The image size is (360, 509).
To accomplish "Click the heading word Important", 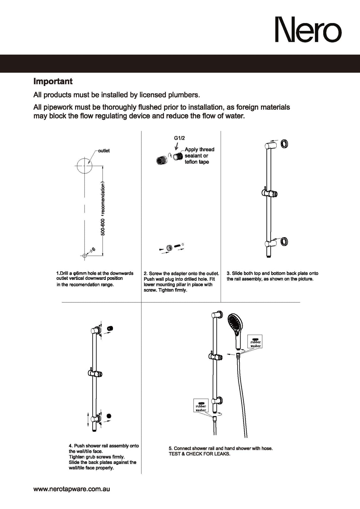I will click(x=53, y=81).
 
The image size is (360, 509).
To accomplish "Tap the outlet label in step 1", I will click(x=104, y=151).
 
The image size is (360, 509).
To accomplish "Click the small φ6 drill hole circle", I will click(x=85, y=256).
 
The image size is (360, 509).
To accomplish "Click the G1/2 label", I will click(x=179, y=138).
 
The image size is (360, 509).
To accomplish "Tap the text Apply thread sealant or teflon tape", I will click(x=199, y=156).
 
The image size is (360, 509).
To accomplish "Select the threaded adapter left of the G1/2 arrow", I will click(x=162, y=161).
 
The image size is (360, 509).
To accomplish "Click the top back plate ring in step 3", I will click(x=284, y=144).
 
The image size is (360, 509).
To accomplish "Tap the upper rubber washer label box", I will click(x=255, y=343).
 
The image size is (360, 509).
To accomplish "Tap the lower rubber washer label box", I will click(x=201, y=406).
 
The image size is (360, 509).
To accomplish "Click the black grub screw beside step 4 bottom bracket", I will click(x=109, y=416).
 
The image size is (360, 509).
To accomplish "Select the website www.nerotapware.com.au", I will click(x=71, y=489).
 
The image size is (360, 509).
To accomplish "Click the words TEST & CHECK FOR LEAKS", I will click(x=199, y=454).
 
